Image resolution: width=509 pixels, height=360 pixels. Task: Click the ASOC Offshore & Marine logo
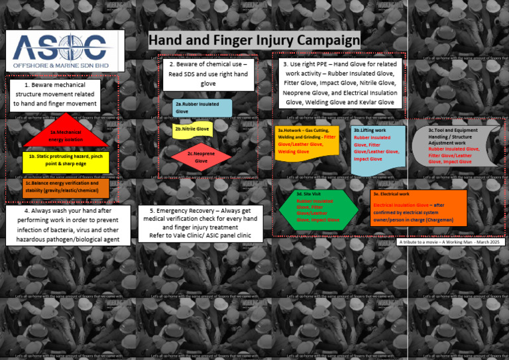coord(64,51)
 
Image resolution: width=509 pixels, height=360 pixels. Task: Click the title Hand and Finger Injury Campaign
coord(254,40)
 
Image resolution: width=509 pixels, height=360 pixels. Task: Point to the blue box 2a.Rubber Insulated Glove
coord(203,108)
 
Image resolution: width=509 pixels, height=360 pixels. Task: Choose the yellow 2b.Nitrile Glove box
coord(192,129)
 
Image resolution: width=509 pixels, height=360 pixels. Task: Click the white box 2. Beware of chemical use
coord(207,74)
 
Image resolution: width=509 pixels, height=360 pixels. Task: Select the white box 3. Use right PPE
coord(339,83)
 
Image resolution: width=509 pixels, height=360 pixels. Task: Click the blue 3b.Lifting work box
coord(378,148)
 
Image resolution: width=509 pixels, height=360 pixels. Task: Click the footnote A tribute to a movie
coord(451,242)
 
